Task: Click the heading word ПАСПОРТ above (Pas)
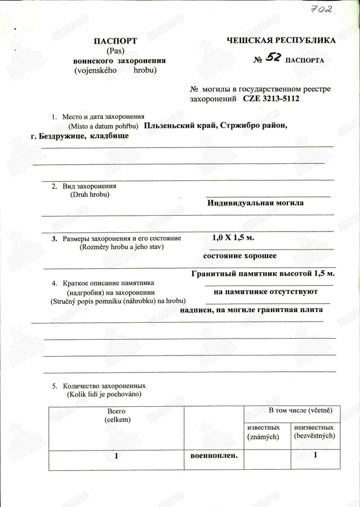(x=115, y=41)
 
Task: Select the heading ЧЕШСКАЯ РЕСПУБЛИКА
(x=281, y=41)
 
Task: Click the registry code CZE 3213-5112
(x=271, y=99)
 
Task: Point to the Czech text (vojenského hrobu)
(x=115, y=70)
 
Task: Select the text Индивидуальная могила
(x=255, y=203)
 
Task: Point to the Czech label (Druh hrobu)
(x=90, y=194)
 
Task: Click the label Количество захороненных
(x=104, y=386)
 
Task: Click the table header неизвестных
(x=314, y=428)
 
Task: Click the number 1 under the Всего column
(x=116, y=456)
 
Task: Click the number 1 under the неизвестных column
(x=315, y=455)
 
